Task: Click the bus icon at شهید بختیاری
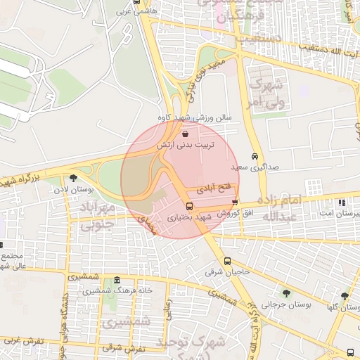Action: (189, 206)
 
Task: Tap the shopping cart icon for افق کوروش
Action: (235, 203)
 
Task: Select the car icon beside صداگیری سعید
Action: (254, 157)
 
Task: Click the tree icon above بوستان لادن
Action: (74, 178)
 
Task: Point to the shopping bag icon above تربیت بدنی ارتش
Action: (185, 133)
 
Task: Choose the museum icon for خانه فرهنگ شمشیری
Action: (117, 280)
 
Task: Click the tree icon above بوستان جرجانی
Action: (285, 292)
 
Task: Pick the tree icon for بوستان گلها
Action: (344, 296)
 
